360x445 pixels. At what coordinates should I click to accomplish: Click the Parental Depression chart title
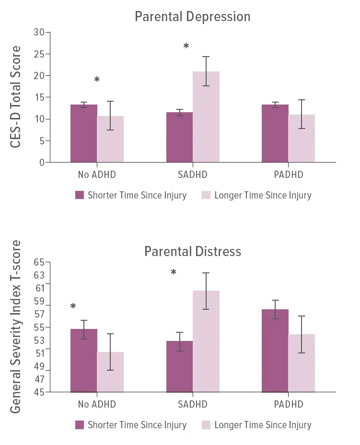click(x=192, y=16)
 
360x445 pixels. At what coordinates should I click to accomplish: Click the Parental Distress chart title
click(x=192, y=251)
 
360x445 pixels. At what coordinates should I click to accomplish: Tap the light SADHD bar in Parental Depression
click(x=206, y=117)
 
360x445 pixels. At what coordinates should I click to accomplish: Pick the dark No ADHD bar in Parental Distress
click(x=84, y=360)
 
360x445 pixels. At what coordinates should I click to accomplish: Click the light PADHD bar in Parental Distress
click(x=302, y=363)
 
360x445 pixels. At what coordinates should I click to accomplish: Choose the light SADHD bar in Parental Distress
click(x=206, y=341)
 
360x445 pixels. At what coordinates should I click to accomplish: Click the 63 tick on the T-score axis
click(x=39, y=275)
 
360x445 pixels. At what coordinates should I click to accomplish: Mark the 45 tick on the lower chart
click(x=39, y=392)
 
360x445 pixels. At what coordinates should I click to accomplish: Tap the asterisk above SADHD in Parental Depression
click(x=186, y=47)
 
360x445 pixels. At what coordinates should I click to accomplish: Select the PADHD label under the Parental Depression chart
click(x=288, y=175)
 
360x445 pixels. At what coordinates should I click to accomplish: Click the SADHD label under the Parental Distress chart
click(x=193, y=404)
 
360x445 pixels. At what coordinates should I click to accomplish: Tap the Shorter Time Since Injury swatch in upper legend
click(x=80, y=195)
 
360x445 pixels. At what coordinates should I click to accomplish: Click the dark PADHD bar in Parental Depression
click(x=275, y=133)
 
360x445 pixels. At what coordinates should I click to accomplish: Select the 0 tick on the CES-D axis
click(x=42, y=163)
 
